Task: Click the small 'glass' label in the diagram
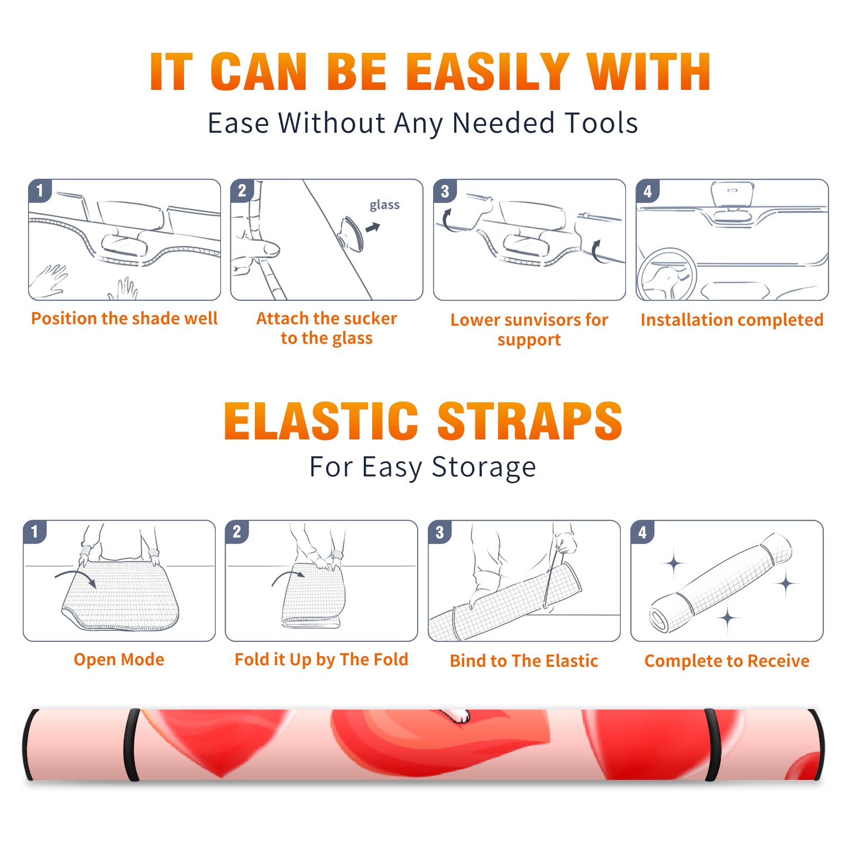(384, 205)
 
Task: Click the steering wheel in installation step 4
(666, 274)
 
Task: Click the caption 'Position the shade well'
(124, 318)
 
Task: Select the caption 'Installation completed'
(732, 319)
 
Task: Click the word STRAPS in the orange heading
(530, 421)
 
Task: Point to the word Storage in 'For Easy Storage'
(484, 467)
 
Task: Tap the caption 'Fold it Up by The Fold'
(321, 659)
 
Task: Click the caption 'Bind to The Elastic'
(524, 661)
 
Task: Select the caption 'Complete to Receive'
(727, 661)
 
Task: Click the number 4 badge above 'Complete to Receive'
(642, 532)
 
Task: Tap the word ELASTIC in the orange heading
(321, 421)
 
